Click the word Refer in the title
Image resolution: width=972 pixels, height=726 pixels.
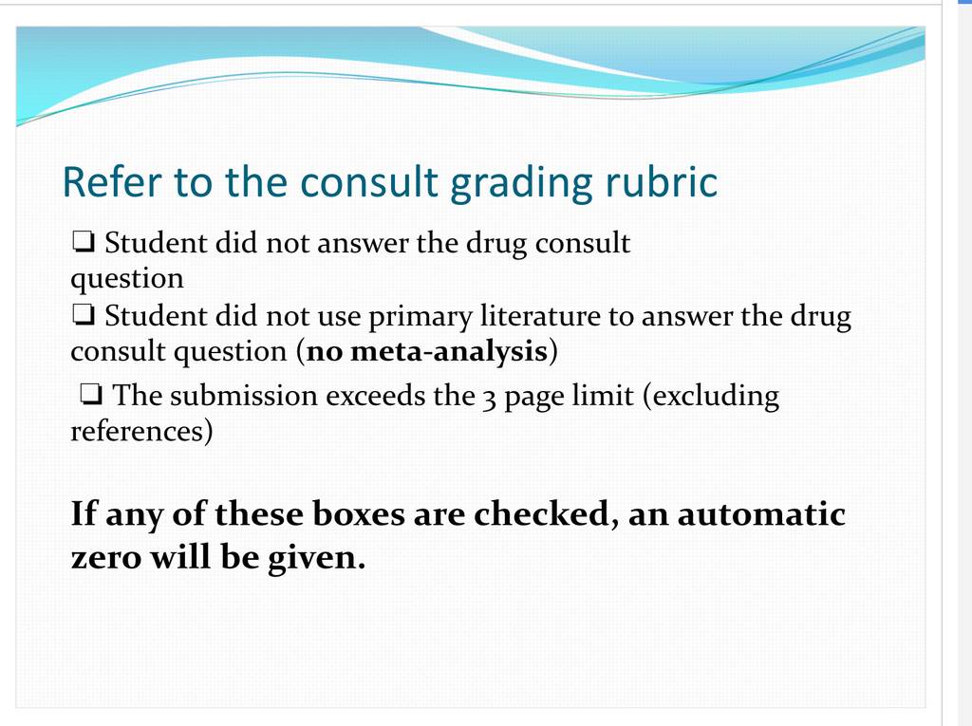[112, 182]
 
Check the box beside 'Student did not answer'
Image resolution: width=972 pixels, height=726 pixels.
[84, 242]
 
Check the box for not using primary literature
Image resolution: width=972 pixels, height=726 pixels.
[84, 315]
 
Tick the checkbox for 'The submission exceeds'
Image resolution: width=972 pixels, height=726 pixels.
[91, 394]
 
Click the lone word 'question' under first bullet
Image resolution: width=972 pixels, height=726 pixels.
[127, 279]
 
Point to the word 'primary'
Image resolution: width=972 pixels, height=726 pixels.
[421, 317]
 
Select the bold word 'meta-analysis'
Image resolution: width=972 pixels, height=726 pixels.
[449, 351]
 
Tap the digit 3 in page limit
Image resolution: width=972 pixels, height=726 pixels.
[489, 399]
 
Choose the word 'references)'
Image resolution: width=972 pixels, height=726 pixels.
[142, 432]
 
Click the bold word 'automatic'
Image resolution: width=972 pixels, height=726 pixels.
[761, 514]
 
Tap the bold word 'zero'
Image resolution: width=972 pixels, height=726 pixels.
[106, 558]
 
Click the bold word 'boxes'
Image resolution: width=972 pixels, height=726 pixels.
[358, 514]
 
